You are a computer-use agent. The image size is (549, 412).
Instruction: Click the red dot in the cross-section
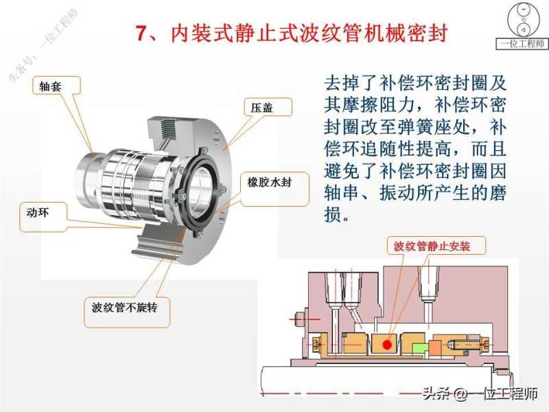[387, 345]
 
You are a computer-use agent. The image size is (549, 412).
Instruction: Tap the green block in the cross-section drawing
[420, 349]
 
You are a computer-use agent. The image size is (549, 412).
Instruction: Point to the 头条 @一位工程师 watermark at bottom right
[480, 393]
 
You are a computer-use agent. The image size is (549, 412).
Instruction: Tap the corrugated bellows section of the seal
[147, 185]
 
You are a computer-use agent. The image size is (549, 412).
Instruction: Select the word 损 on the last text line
[333, 214]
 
